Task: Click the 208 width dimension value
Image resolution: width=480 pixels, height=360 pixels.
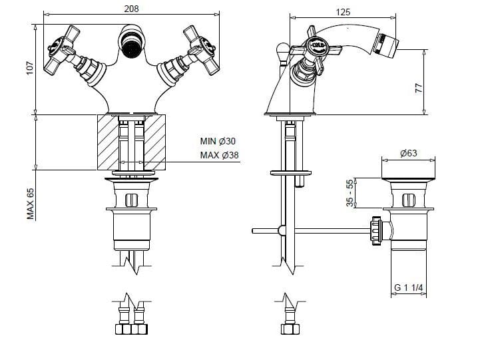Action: (x=131, y=9)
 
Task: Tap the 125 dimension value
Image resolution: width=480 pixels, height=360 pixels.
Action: (x=343, y=11)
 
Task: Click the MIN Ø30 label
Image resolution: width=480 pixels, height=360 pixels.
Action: (x=218, y=141)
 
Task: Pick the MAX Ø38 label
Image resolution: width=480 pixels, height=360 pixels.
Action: (x=220, y=155)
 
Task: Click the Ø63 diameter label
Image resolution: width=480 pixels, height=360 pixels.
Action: (x=408, y=153)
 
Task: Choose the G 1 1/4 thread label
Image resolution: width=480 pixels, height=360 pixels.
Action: (x=409, y=287)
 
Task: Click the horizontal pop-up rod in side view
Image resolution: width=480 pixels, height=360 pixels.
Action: (x=313, y=231)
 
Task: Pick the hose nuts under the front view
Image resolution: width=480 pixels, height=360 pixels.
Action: (x=130, y=328)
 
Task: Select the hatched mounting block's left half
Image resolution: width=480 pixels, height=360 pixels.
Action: (x=109, y=142)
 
